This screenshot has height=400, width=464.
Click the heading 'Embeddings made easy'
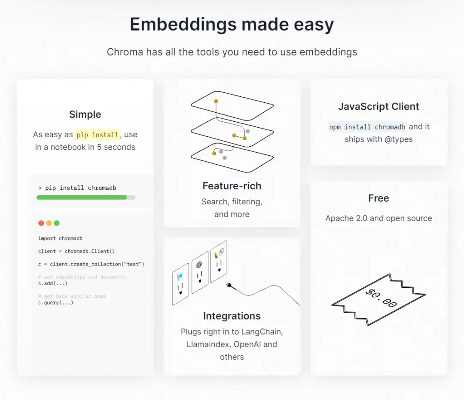click(x=232, y=24)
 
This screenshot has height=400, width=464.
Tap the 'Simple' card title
click(x=85, y=114)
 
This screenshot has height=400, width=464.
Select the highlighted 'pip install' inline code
click(x=98, y=135)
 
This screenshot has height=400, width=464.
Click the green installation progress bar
click(x=82, y=197)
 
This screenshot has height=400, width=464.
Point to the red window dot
click(x=41, y=223)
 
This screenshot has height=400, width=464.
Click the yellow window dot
click(x=49, y=223)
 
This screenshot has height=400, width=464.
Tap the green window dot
click(x=57, y=223)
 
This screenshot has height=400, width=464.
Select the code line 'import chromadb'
click(x=61, y=239)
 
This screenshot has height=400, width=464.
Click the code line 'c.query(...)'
click(x=55, y=303)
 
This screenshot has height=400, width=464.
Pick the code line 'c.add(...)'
click(x=53, y=283)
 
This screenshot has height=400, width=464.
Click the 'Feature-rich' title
click(x=232, y=186)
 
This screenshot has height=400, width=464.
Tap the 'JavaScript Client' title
click(x=379, y=107)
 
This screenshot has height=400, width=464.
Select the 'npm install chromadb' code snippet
click(x=367, y=127)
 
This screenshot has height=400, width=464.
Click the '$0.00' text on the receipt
click(x=381, y=298)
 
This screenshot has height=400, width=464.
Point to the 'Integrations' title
click(x=232, y=316)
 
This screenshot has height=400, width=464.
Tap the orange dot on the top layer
click(x=216, y=102)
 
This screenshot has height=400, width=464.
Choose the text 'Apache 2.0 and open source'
click(x=379, y=218)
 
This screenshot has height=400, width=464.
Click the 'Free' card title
click(x=379, y=198)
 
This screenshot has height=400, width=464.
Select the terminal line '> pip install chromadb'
click(x=77, y=188)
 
